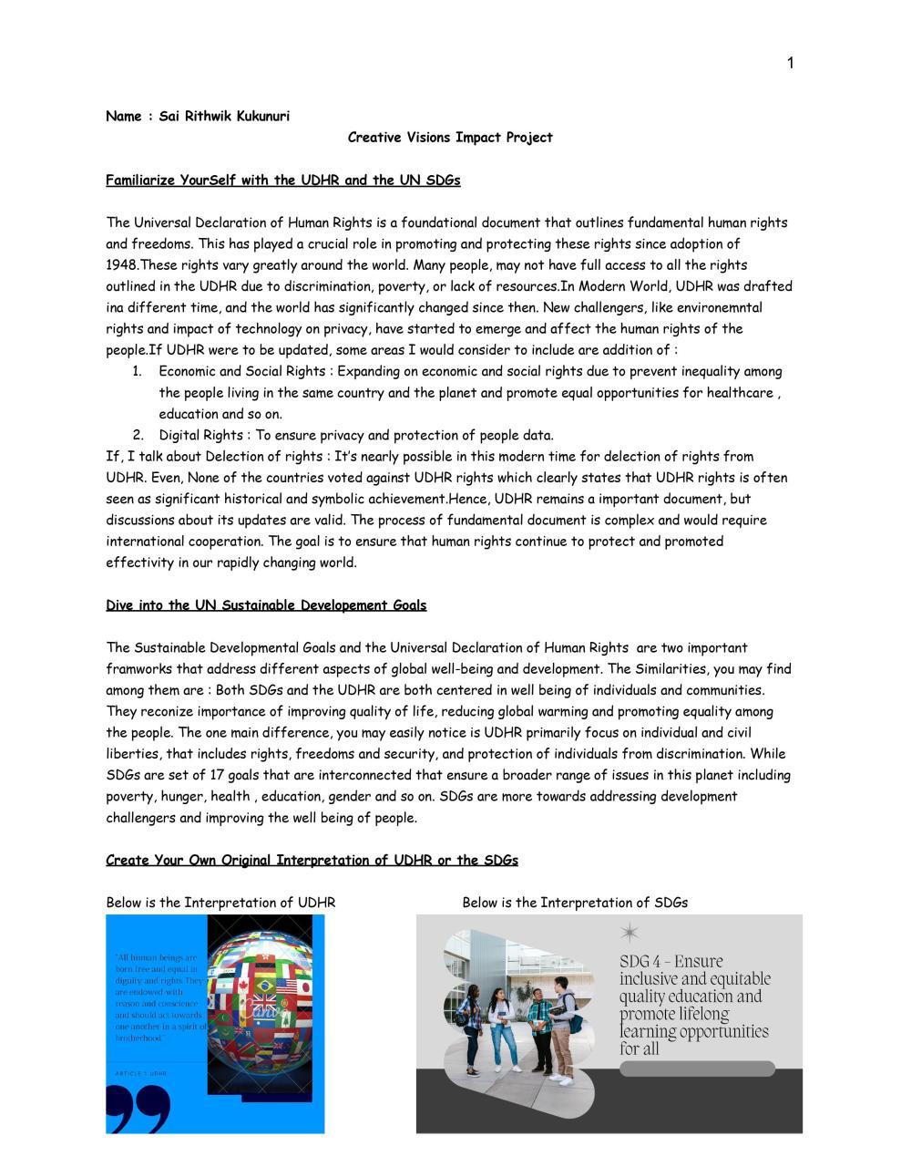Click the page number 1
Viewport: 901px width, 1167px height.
point(791,63)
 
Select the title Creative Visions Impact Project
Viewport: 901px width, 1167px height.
point(450,138)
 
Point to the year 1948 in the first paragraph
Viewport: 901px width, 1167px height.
point(122,265)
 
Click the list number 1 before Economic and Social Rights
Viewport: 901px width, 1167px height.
point(138,372)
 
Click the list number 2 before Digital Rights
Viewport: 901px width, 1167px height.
point(138,436)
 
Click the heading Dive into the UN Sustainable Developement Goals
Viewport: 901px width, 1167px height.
point(266,605)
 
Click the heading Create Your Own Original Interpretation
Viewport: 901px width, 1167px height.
point(312,861)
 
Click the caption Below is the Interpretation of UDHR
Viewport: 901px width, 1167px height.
point(220,904)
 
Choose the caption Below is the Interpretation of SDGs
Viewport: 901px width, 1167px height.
point(575,904)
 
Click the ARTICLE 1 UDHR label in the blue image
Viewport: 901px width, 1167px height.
point(141,1073)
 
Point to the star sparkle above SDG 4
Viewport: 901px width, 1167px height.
point(630,932)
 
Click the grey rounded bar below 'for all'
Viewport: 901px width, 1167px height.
point(697,1069)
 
